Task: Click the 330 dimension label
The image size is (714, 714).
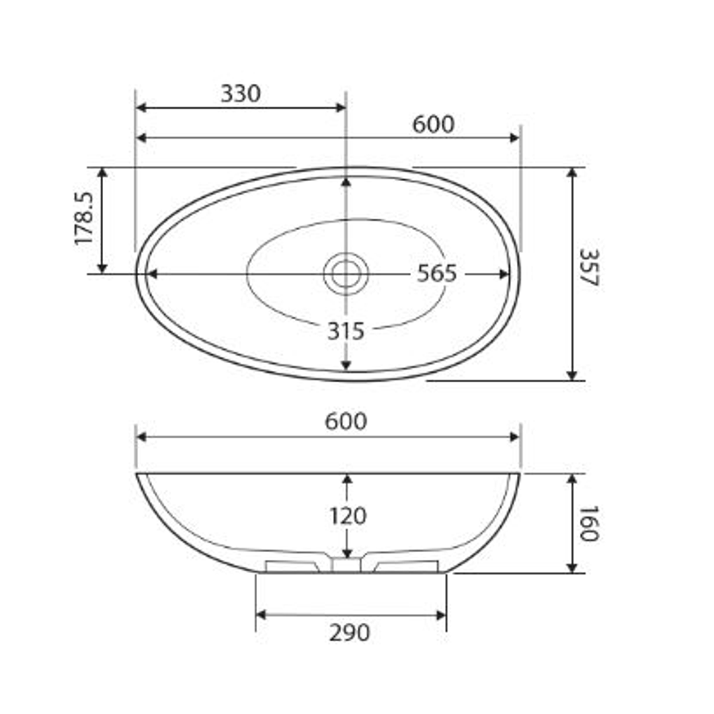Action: (x=241, y=94)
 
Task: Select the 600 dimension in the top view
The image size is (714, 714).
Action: (x=433, y=124)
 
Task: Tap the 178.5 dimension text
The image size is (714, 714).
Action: (x=85, y=219)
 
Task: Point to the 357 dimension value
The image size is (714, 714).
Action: (x=588, y=267)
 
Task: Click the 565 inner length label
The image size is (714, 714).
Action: (x=436, y=274)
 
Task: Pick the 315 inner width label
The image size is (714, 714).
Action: (x=346, y=331)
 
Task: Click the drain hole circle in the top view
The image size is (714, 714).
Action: (x=346, y=274)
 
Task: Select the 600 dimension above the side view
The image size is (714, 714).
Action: (x=346, y=422)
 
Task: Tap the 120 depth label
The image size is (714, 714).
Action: (x=348, y=516)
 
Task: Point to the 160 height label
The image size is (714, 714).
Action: (x=588, y=524)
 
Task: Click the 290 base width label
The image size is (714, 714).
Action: (x=350, y=633)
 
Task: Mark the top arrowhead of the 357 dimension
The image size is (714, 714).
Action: (x=572, y=173)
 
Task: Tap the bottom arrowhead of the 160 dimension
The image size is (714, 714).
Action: (x=572, y=568)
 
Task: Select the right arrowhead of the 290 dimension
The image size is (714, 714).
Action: (x=441, y=615)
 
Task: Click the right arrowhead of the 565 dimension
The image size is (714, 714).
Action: (x=505, y=274)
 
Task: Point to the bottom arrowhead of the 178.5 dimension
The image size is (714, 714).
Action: (x=102, y=268)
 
